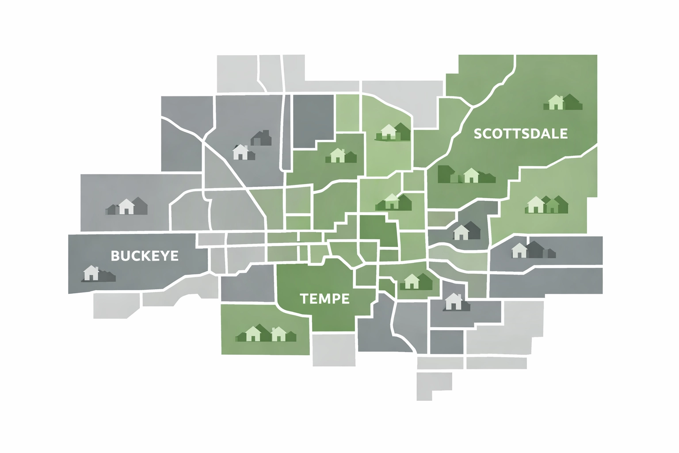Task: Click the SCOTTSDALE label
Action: point(520,133)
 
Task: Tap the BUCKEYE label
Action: point(145,256)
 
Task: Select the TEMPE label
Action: point(324,299)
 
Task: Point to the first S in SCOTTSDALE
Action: point(478,134)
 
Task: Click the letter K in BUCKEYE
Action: point(145,256)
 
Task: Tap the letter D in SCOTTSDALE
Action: point(537,133)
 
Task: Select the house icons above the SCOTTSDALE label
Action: point(562,102)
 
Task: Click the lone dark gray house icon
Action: point(261,138)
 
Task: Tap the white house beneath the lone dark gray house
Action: point(240,152)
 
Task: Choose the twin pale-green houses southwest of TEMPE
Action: point(265,334)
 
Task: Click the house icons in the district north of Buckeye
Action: point(127,206)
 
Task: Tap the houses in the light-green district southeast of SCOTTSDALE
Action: point(546,204)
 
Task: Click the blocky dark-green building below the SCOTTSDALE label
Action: point(446,174)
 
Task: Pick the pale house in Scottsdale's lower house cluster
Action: point(471,175)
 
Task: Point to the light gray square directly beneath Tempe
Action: point(334,349)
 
